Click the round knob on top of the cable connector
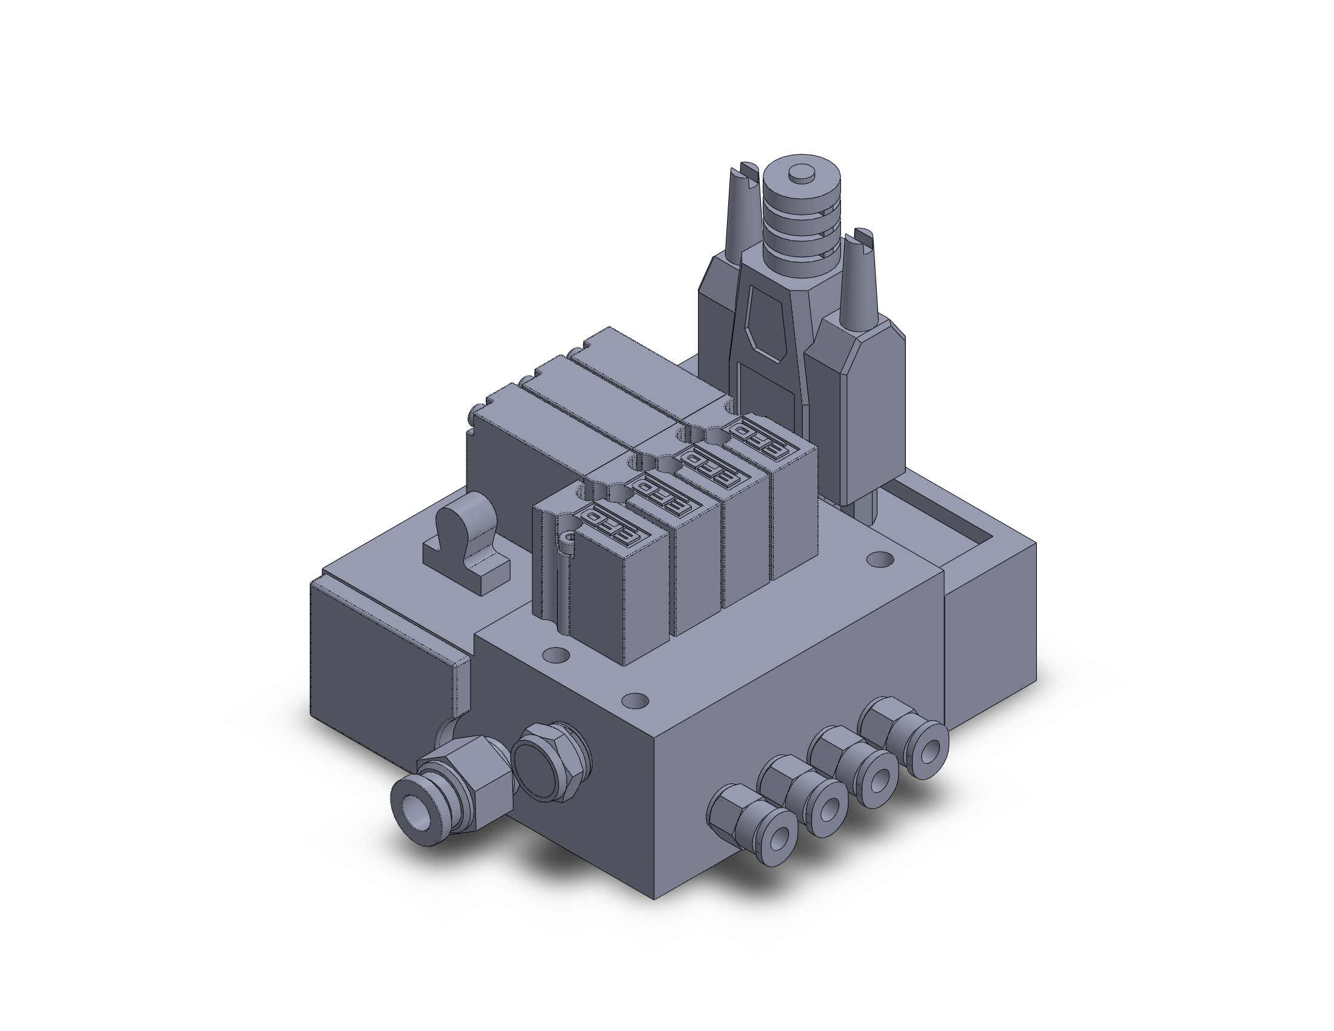click(x=802, y=175)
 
